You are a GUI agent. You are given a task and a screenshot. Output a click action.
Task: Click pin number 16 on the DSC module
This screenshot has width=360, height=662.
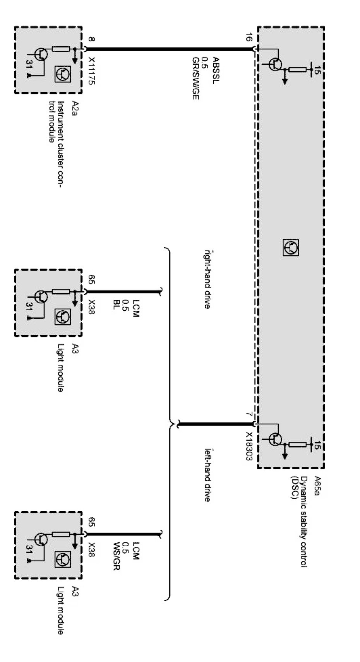pos(248,39)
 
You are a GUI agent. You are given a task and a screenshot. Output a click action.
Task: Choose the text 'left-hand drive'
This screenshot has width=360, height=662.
pos(207,474)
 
